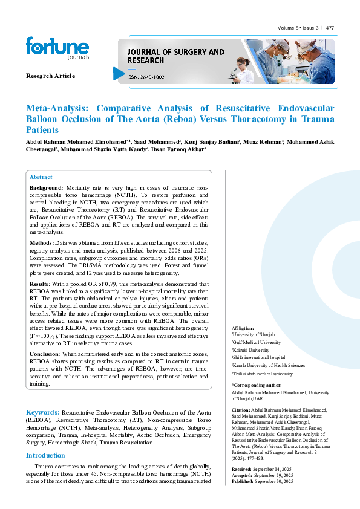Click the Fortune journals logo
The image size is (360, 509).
pyautogui.click(x=57, y=48)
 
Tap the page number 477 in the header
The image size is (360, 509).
pyautogui.click(x=330, y=28)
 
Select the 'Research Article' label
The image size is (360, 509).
pyautogui.click(x=50, y=76)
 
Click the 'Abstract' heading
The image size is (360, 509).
pyautogui.click(x=41, y=177)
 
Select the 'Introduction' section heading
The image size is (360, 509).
pyautogui.click(x=45, y=455)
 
